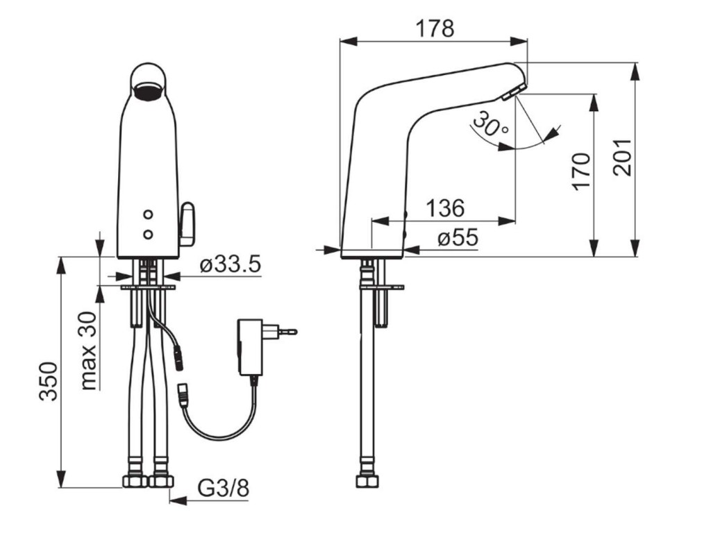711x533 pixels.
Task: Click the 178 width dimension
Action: [x=435, y=28]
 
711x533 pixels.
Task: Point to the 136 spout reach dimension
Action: [x=445, y=208]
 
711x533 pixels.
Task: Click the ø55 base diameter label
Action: [x=458, y=237]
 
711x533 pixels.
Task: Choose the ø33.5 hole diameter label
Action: [x=231, y=264]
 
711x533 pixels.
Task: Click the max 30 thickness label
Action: [x=90, y=350]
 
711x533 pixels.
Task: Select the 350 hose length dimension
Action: [x=48, y=381]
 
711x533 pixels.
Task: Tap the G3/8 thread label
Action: [x=224, y=489]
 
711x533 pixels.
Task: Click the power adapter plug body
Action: [x=250, y=347]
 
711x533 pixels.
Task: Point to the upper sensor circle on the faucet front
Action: [x=147, y=214]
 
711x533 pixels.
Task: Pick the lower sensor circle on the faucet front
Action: [x=147, y=234]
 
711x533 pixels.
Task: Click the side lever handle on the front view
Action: [x=187, y=224]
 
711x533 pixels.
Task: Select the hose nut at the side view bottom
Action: [x=367, y=480]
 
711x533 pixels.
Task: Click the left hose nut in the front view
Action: [x=135, y=480]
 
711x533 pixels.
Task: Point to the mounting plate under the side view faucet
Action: [x=381, y=287]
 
